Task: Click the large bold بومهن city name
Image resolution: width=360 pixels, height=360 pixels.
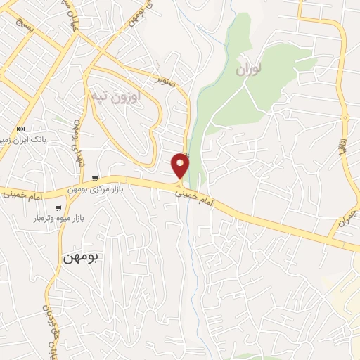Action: tap(82, 257)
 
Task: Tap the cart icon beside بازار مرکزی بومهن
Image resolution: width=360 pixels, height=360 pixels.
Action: tap(94, 178)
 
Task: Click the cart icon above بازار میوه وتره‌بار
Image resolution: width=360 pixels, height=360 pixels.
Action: tap(58, 207)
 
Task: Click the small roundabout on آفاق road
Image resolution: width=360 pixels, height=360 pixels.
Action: tap(345, 117)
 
